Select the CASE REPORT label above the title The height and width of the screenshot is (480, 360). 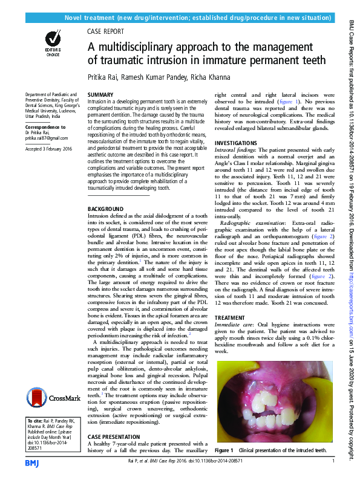(106, 31)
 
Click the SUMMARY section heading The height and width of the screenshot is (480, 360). (100, 96)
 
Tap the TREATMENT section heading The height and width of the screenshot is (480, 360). (231, 317)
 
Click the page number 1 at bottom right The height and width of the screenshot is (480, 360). (333, 462)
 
